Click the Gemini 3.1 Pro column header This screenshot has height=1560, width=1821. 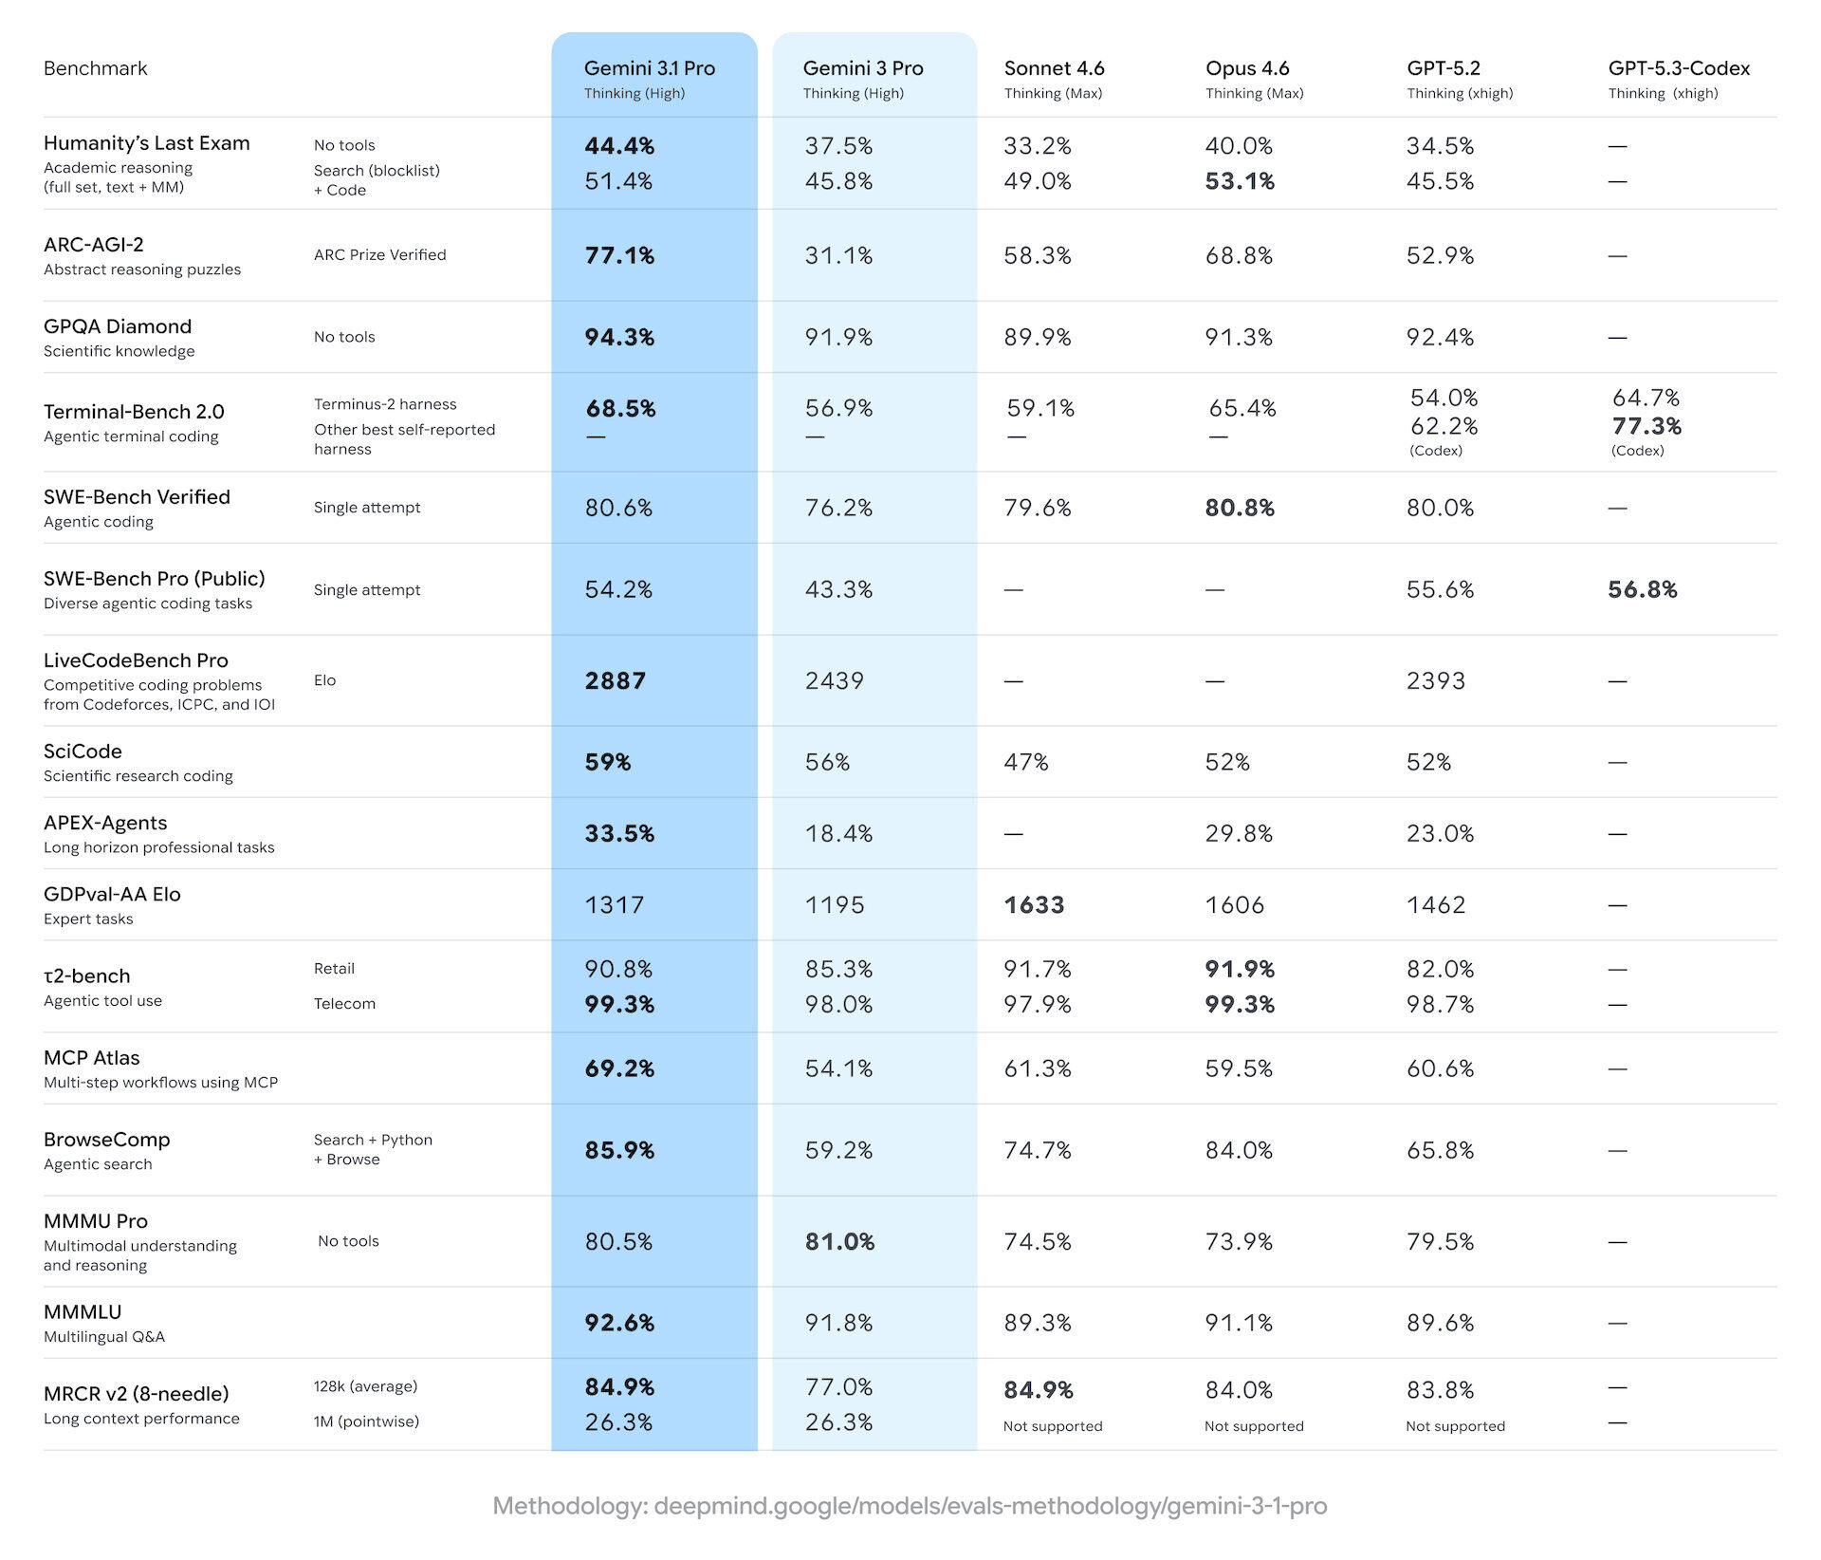coord(650,68)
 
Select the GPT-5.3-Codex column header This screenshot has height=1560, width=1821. coord(1679,68)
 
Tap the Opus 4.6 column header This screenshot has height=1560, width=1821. coord(1247,68)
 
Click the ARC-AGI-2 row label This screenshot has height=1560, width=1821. coord(94,245)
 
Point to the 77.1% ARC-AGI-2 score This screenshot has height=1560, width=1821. coord(619,255)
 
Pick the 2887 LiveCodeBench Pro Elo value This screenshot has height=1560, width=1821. coord(616,680)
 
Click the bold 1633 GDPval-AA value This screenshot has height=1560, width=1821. coord(1034,904)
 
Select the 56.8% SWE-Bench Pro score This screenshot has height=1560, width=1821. coord(1643,589)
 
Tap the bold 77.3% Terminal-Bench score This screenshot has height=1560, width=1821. coord(1646,426)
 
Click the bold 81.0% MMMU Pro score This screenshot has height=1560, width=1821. coord(839,1241)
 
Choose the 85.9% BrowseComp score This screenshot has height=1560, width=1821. coord(619,1150)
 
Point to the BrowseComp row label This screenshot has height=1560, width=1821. coord(107,1140)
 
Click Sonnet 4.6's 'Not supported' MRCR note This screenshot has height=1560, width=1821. coord(1053,1426)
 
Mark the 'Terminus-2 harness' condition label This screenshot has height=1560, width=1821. coord(385,404)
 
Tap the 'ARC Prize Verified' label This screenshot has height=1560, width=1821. coord(379,254)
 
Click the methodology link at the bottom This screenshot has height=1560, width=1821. coord(910,1506)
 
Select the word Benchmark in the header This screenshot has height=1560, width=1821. coord(96,68)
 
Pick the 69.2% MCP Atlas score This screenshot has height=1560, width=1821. coord(619,1068)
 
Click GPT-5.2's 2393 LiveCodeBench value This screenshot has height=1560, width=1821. coord(1436,680)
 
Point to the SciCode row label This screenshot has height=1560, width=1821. coord(83,752)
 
